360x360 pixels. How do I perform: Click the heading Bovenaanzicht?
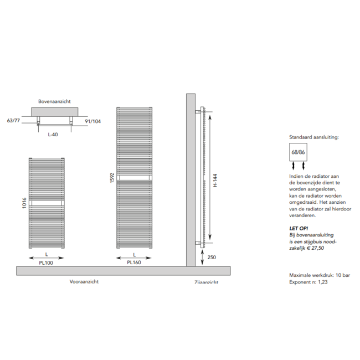click(x=54, y=102)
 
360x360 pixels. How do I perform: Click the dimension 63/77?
click(x=14, y=120)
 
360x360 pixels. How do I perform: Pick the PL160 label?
click(x=133, y=263)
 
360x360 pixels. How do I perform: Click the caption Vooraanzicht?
click(x=84, y=281)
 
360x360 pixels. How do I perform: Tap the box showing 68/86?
click(x=297, y=151)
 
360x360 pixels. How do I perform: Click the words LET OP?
click(x=300, y=228)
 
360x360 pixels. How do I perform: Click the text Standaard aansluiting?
click(x=314, y=136)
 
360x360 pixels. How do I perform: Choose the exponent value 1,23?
click(x=321, y=282)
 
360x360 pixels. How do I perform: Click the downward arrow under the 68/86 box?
click(x=304, y=166)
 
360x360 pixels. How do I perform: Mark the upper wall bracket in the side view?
click(x=199, y=112)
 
